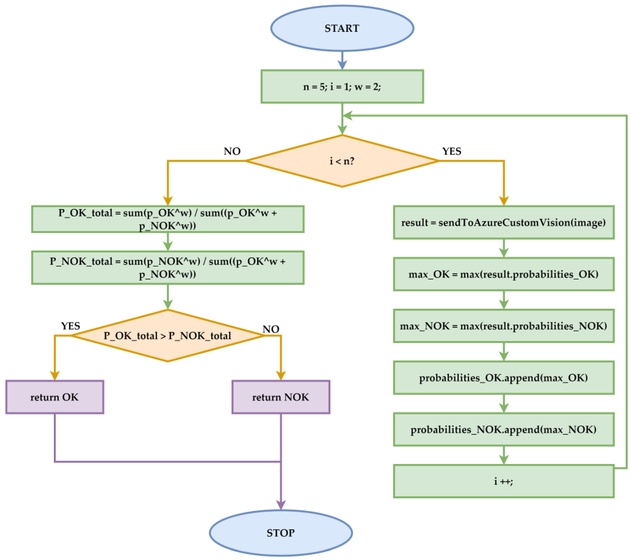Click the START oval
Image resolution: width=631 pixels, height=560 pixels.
click(342, 28)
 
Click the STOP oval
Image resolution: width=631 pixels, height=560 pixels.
click(281, 533)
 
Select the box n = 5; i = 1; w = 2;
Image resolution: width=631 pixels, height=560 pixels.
click(342, 86)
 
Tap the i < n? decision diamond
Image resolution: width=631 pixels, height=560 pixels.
click(342, 161)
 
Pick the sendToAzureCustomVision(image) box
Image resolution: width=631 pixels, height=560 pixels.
click(504, 223)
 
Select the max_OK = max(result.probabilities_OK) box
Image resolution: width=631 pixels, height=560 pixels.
click(504, 274)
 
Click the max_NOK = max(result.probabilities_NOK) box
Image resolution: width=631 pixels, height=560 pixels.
click(504, 326)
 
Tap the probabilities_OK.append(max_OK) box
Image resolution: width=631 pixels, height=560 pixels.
click(504, 378)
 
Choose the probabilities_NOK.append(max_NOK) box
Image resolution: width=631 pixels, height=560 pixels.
click(504, 429)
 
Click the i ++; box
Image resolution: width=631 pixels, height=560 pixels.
click(504, 481)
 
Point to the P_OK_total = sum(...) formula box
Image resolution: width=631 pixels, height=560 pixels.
click(168, 219)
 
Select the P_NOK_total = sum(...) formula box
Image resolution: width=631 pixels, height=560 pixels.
click(168, 268)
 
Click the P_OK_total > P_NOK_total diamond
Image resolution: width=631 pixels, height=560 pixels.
click(168, 336)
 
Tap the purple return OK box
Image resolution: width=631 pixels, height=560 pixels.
click(55, 397)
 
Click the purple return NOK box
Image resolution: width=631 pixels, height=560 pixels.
click(281, 397)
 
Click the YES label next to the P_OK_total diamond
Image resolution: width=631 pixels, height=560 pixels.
click(71, 326)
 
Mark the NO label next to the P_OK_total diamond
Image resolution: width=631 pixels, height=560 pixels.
click(271, 329)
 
